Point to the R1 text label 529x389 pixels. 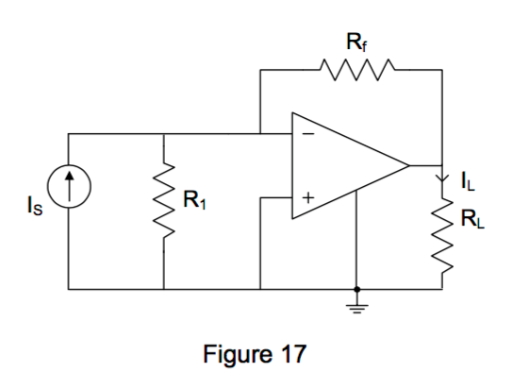point(195,199)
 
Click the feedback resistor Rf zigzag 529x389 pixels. point(348,70)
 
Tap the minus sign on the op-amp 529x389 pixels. point(306,134)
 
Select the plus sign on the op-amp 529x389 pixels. point(306,198)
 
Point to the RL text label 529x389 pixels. point(469,222)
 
